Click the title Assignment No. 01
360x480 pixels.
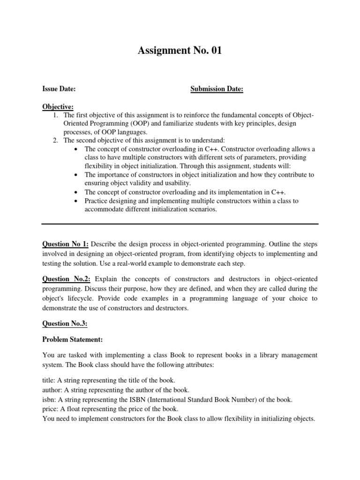pyautogui.click(x=180, y=51)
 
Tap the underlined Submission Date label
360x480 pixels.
pyautogui.click(x=217, y=89)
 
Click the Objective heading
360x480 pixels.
pyautogui.click(x=58, y=107)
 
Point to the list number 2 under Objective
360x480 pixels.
pyautogui.click(x=56, y=140)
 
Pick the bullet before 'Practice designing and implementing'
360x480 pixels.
pyautogui.click(x=76, y=201)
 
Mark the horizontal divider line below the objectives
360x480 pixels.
pyautogui.click(x=180, y=224)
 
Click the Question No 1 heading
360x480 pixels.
pyautogui.click(x=65, y=244)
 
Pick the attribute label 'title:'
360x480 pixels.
pyautogui.click(x=48, y=380)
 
